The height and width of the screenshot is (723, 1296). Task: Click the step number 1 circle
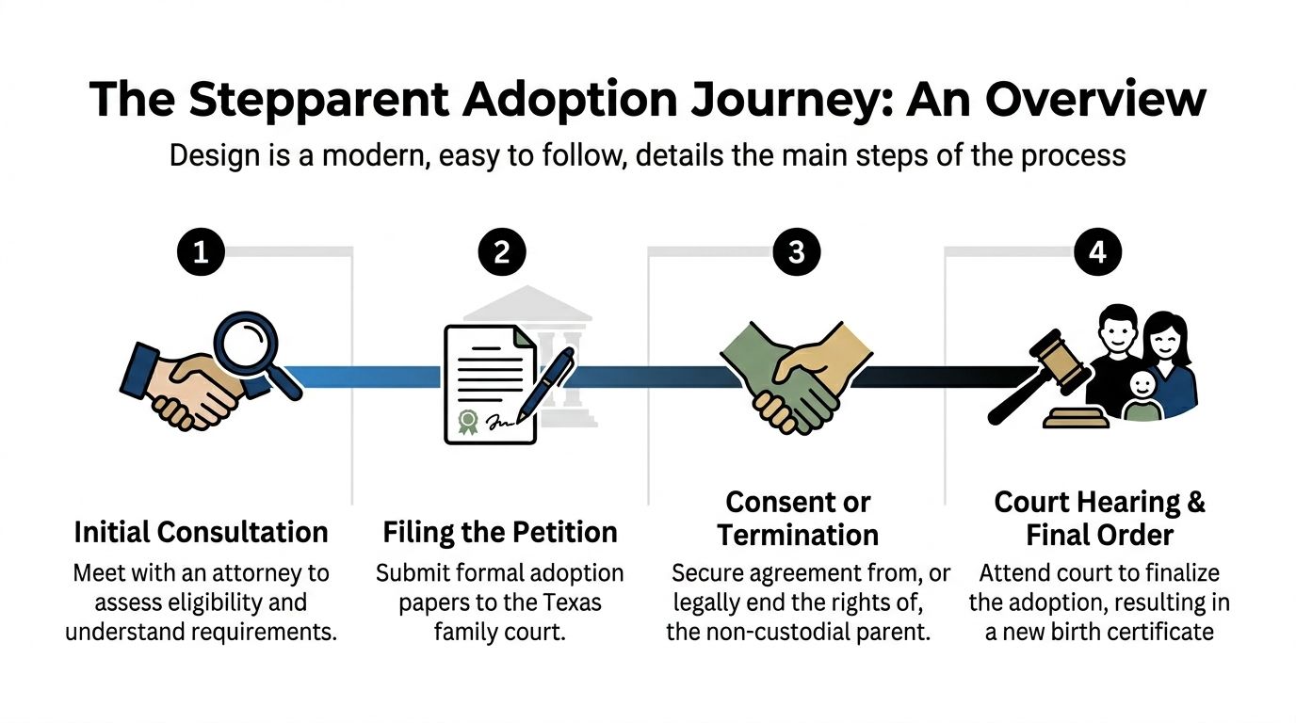pyautogui.click(x=200, y=251)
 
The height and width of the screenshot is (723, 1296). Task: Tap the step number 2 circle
pyautogui.click(x=500, y=251)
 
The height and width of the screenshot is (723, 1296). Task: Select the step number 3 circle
pyautogui.click(x=797, y=251)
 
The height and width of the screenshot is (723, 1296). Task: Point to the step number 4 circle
pyautogui.click(x=1097, y=251)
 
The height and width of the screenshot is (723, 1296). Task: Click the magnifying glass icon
pyautogui.click(x=248, y=345)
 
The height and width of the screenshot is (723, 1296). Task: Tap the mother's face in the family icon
pyautogui.click(x=1167, y=335)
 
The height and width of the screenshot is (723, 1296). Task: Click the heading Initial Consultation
pyautogui.click(x=201, y=532)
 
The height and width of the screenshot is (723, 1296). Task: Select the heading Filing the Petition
pyautogui.click(x=500, y=532)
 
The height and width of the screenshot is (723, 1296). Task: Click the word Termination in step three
pyautogui.click(x=798, y=535)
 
